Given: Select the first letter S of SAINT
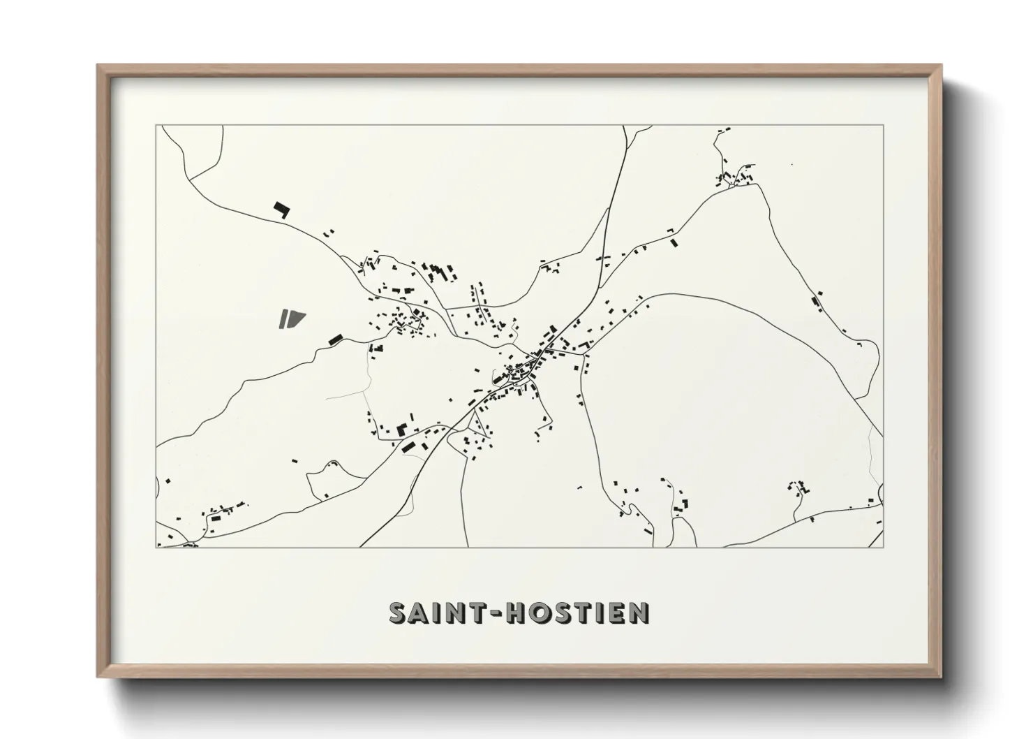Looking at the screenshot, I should click(x=398, y=613).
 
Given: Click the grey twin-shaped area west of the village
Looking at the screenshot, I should click(x=292, y=319).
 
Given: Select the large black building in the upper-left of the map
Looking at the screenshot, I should click(x=281, y=210).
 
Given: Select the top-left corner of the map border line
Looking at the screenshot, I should click(x=156, y=126).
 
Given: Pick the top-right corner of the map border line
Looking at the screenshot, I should click(x=883, y=126).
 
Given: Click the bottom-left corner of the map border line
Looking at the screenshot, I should click(x=156, y=547).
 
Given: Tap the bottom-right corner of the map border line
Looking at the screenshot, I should click(x=883, y=547).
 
